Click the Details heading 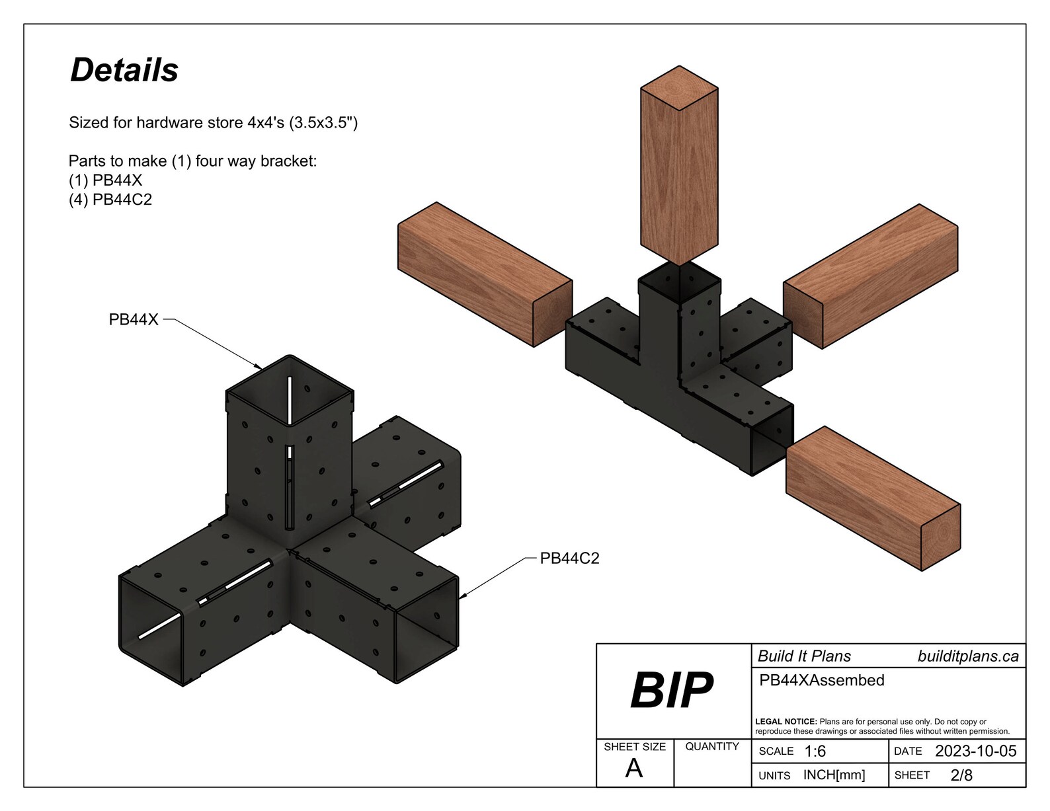coord(124,70)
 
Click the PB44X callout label coord(134,320)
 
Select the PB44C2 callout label coord(569,559)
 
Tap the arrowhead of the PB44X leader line coord(260,367)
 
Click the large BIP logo coord(671,691)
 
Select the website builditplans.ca coord(967,656)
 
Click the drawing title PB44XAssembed coord(821,680)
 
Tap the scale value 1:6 coord(815,752)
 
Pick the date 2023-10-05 coord(975,752)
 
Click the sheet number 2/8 coord(961,775)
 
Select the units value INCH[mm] coord(834,775)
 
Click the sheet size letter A coord(633,769)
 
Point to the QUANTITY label coord(711,746)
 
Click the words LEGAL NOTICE coord(786,722)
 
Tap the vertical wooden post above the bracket coord(679,178)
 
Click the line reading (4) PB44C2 coord(110,200)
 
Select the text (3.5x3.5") coord(323,123)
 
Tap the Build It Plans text coord(804,656)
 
